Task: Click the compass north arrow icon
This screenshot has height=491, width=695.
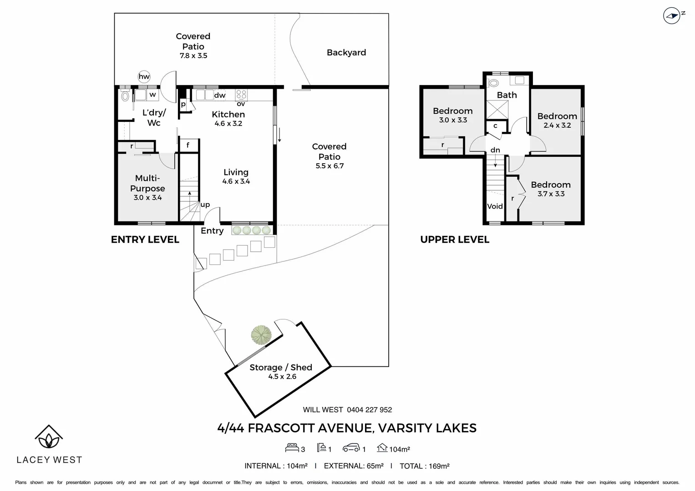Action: pyautogui.click(x=672, y=16)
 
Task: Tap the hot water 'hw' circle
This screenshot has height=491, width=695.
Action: pyautogui.click(x=144, y=76)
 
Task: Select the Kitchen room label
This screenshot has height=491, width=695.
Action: pyautogui.click(x=228, y=115)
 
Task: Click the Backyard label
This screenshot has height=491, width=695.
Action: pyautogui.click(x=346, y=52)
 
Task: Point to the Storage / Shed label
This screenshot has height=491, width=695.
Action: pyautogui.click(x=281, y=367)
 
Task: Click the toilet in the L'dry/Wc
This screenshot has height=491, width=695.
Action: pyautogui.click(x=125, y=96)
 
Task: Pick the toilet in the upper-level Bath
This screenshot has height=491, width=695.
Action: pyautogui.click(x=493, y=83)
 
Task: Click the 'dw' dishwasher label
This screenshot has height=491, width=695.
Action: pyautogui.click(x=220, y=95)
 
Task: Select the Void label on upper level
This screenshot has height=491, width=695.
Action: pyautogui.click(x=495, y=206)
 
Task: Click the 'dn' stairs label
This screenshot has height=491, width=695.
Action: pyautogui.click(x=495, y=150)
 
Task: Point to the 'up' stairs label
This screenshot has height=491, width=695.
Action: pyautogui.click(x=205, y=205)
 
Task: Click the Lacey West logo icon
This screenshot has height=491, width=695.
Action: pyautogui.click(x=49, y=436)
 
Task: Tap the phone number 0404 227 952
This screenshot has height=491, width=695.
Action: pyautogui.click(x=369, y=410)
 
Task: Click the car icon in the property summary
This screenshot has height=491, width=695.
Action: pyautogui.click(x=351, y=448)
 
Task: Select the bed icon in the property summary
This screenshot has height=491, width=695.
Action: pyautogui.click(x=292, y=448)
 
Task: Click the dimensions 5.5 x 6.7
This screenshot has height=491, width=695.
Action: pyautogui.click(x=330, y=166)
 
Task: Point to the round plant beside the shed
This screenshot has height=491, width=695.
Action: pyautogui.click(x=261, y=335)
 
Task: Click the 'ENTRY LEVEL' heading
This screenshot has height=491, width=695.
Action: pyautogui.click(x=145, y=240)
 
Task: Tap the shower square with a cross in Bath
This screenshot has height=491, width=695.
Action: pyautogui.click(x=497, y=110)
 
